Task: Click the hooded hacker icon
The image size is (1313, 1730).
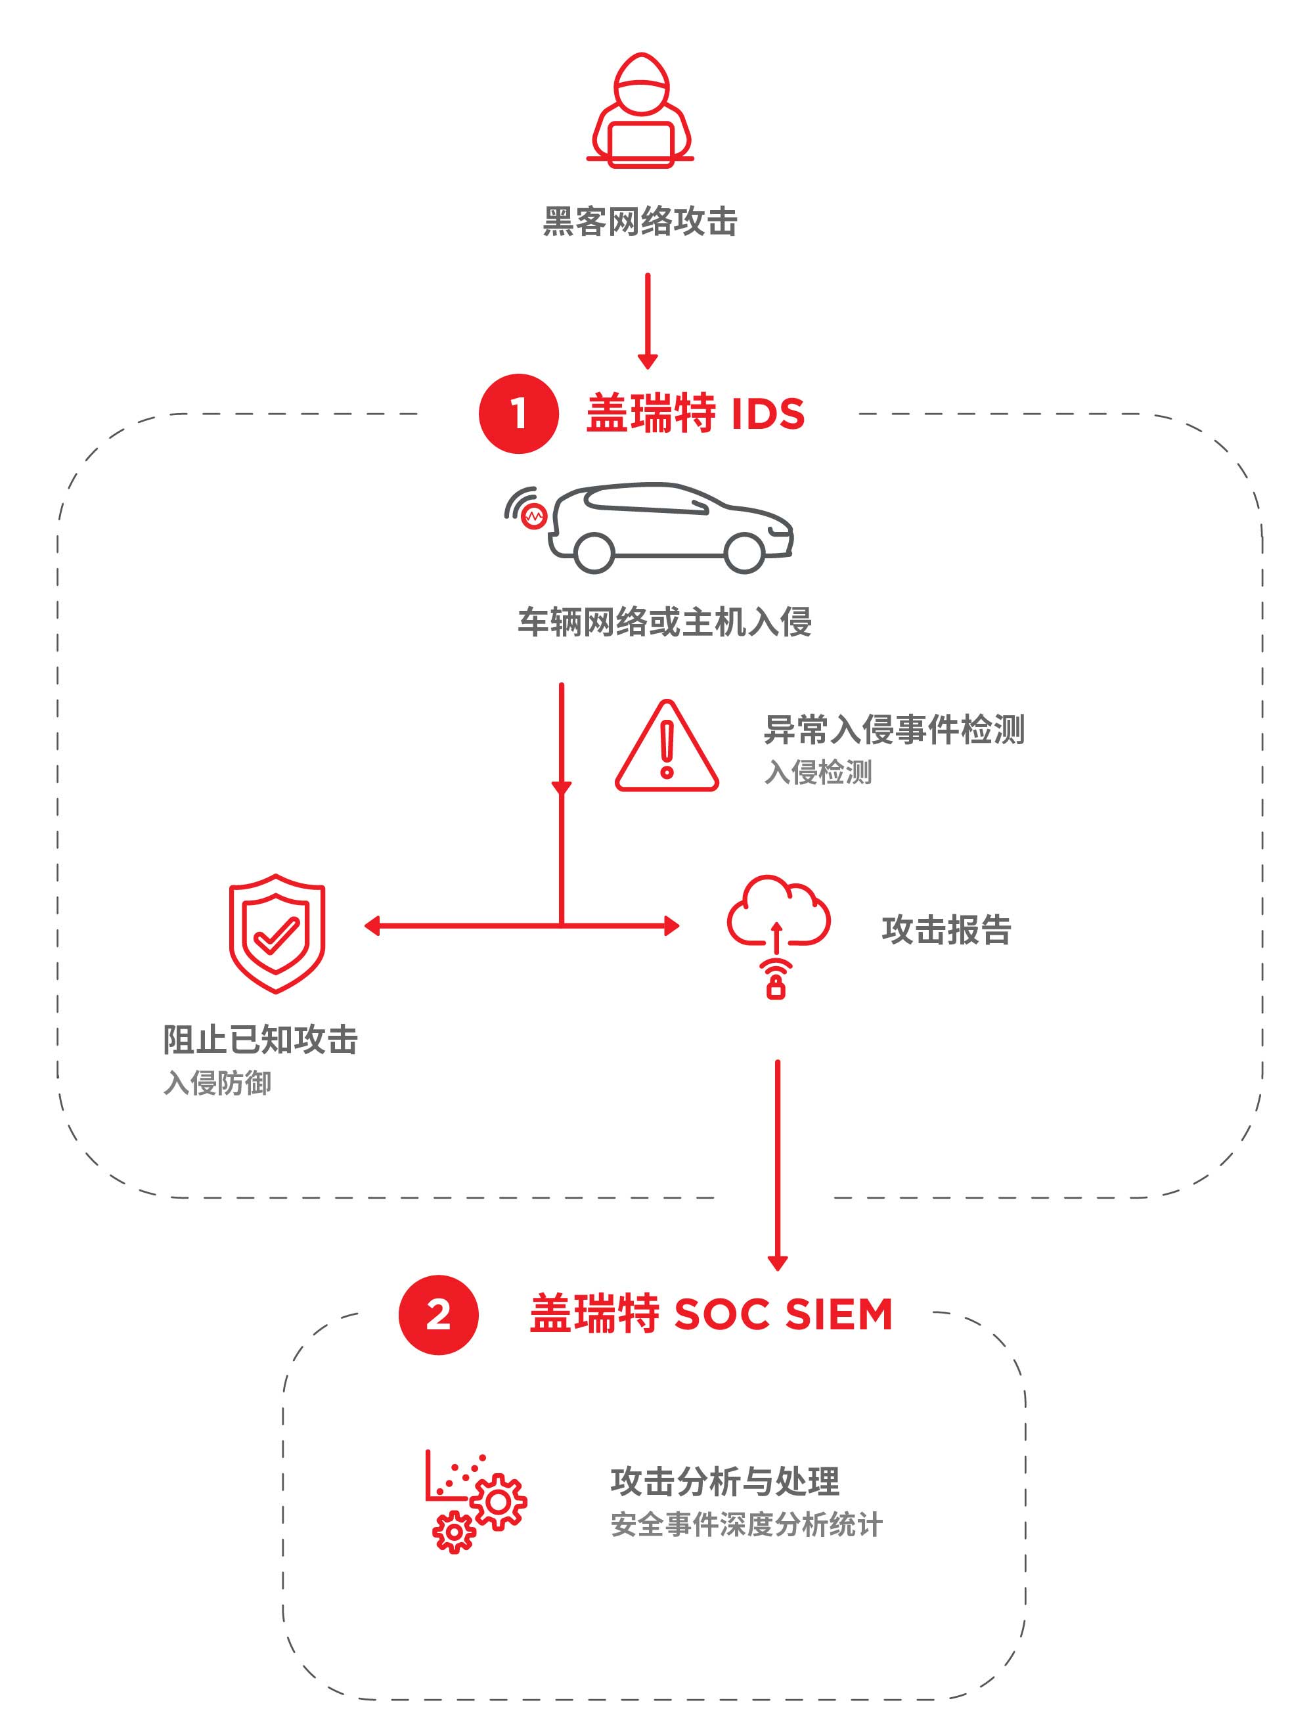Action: click(x=640, y=110)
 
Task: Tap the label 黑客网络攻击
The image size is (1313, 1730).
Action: click(x=640, y=221)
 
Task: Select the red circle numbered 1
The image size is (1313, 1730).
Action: click(x=518, y=413)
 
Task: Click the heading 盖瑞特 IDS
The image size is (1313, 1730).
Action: click(x=695, y=414)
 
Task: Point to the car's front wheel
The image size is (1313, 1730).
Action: click(x=744, y=553)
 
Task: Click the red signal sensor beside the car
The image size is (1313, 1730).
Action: click(x=533, y=516)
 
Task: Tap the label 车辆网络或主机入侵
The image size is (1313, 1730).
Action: click(x=665, y=623)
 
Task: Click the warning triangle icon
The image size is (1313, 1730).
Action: click(x=666, y=746)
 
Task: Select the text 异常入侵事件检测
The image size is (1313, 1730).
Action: click(x=894, y=729)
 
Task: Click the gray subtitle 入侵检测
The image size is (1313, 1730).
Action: click(x=818, y=772)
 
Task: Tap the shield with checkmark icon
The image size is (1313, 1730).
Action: click(x=277, y=934)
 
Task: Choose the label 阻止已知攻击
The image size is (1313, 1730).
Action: click(x=260, y=1040)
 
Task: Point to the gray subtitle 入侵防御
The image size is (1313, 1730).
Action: click(x=217, y=1083)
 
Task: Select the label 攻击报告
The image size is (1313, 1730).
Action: click(x=946, y=930)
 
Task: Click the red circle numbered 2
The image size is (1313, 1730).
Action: click(x=438, y=1315)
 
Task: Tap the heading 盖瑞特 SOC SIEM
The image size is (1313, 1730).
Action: click(x=711, y=1315)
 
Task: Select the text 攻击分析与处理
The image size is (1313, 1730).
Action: click(x=725, y=1481)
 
